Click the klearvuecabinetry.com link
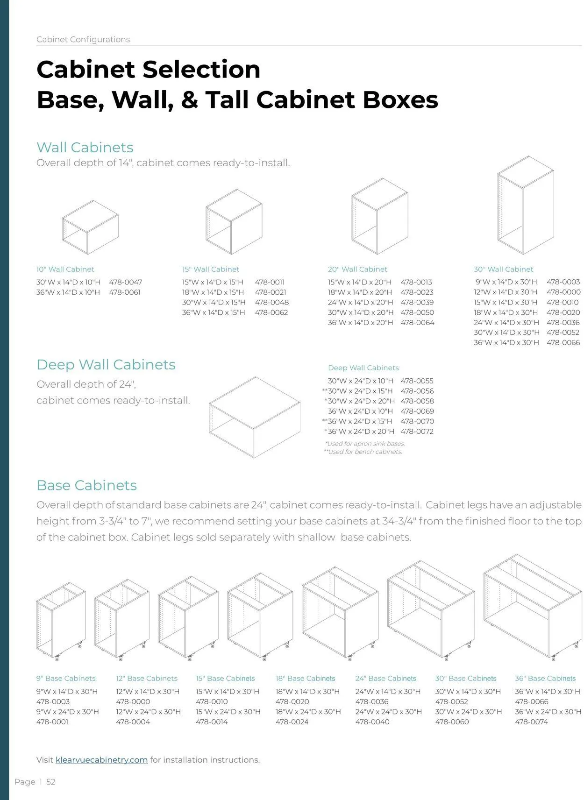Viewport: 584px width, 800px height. point(101,760)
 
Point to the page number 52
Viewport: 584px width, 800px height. point(51,782)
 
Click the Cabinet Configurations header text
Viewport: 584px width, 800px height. point(83,39)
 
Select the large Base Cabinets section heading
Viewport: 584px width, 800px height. point(87,485)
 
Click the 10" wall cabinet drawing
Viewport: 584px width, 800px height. point(90,227)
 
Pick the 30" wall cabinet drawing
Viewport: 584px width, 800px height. point(526,205)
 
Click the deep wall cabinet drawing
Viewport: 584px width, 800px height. point(255,417)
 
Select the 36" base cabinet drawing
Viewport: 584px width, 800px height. point(533,606)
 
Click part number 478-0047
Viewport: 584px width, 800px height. point(125,282)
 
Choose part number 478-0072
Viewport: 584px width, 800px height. point(417,432)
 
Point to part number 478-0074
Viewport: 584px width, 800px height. point(532,722)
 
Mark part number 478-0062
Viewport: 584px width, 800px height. point(271,312)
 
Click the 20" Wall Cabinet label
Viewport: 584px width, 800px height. point(357,269)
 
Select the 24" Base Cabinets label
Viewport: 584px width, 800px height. point(386,678)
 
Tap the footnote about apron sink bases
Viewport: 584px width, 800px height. point(365,444)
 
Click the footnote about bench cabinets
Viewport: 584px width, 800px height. point(363,452)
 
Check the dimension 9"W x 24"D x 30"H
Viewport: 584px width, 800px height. point(67,711)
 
